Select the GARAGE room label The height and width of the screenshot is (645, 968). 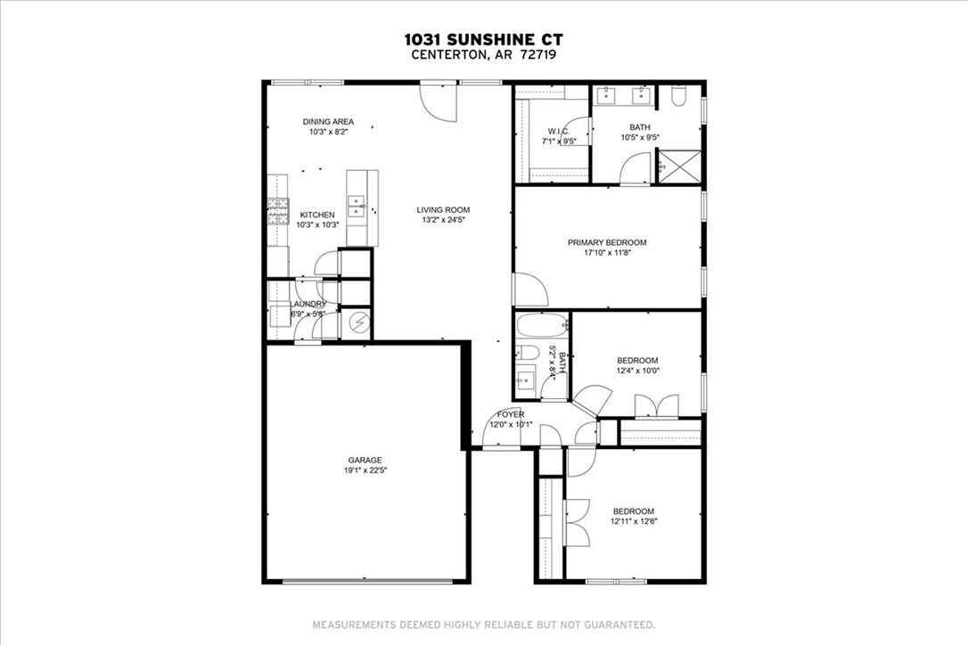coord(365,460)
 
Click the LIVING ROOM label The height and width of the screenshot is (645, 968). coord(443,210)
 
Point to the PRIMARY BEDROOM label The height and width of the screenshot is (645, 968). coord(607,242)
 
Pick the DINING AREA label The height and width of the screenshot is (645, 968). coord(328,122)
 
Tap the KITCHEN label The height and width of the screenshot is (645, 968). coord(317,215)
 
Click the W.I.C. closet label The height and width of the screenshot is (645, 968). coord(559,132)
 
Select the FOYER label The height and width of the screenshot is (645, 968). coord(511,414)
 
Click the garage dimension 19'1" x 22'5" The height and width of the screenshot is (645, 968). coord(365,470)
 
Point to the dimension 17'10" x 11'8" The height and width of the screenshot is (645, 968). coord(607,253)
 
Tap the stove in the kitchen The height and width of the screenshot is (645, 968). coord(277,210)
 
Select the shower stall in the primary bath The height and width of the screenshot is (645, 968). coord(678,166)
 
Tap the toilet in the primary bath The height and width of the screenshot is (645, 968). coord(678,97)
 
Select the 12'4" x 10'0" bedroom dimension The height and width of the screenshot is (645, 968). coord(637,371)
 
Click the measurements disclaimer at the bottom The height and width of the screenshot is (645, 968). coord(483,625)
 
